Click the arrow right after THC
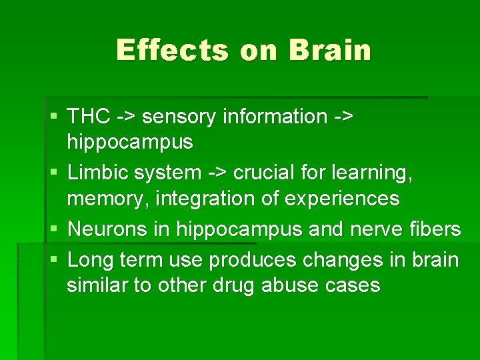(x=127, y=117)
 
